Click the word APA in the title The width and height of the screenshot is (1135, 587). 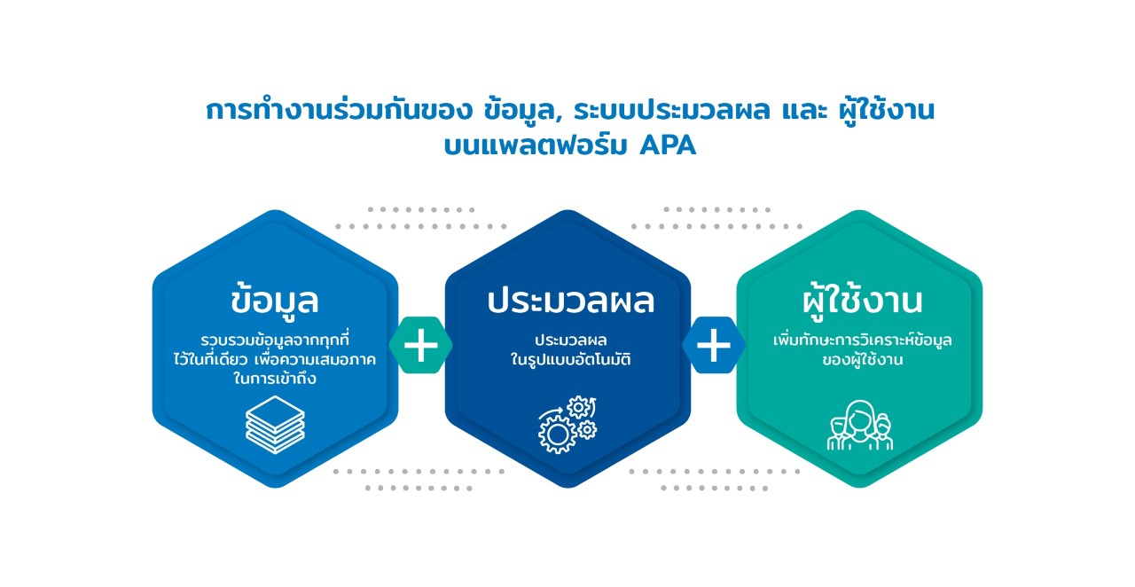[668, 145]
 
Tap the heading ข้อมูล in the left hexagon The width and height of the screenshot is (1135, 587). [275, 299]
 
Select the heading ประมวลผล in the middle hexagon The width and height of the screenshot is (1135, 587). [570, 301]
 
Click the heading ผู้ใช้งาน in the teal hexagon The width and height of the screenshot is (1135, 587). [862, 301]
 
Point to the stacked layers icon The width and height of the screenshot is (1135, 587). [275, 425]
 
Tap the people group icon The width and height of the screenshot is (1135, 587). [860, 425]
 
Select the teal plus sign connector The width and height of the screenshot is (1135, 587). [420, 345]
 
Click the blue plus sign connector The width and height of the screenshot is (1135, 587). [714, 345]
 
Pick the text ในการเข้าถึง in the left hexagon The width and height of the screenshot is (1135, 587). [275, 378]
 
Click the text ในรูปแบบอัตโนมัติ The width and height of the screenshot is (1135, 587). [570, 359]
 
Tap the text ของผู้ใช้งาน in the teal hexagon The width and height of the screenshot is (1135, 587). [863, 359]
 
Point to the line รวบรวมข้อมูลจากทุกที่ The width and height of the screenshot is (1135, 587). [275, 339]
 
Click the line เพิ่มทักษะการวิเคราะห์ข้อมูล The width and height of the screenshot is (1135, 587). [863, 339]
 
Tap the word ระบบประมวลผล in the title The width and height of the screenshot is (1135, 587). [672, 111]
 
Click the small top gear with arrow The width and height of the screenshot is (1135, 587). [579, 407]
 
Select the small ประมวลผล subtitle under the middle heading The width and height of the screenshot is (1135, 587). [570, 339]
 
